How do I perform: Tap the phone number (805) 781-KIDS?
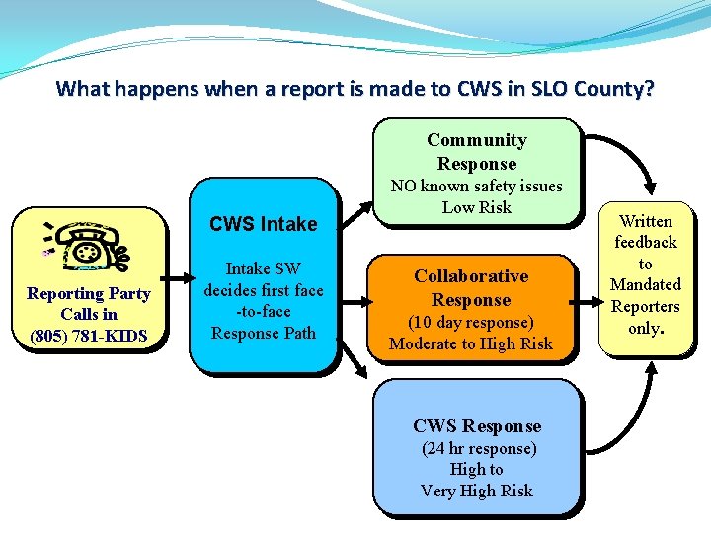89,336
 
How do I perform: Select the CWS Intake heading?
264,224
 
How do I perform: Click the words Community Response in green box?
476,152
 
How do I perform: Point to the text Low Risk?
476,207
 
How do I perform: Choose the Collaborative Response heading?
471,288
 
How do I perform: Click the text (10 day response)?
471,322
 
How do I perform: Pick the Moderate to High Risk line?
471,343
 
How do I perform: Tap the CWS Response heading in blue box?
477,426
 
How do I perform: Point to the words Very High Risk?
477,491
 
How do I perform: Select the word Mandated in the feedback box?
645,284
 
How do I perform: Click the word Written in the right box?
645,221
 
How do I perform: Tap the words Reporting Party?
89,293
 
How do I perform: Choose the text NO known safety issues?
476,186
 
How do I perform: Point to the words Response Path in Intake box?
264,333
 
